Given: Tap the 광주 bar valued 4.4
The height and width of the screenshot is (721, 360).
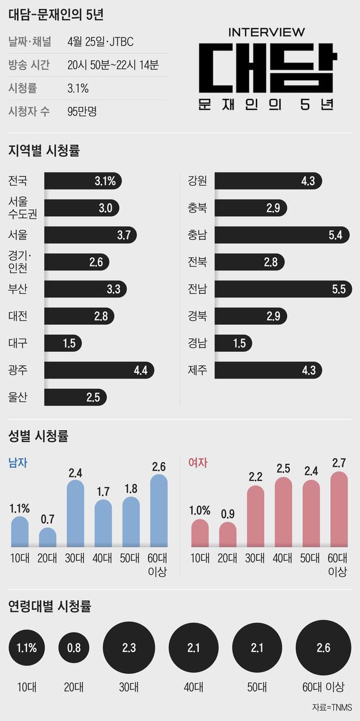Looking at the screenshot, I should (99, 370).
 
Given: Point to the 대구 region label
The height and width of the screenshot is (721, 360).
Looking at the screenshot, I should (18, 343).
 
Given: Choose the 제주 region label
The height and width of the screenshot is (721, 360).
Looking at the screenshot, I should (197, 370).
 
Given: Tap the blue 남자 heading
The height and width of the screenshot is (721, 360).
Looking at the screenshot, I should (18, 463).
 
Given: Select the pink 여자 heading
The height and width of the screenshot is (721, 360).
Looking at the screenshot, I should (198, 463).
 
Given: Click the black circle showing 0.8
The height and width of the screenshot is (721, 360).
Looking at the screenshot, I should (74, 647).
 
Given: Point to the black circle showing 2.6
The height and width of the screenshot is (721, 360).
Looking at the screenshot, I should (323, 647).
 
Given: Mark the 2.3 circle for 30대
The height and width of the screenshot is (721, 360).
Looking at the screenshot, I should (129, 647).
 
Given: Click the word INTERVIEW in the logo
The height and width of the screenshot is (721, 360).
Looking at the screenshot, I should (266, 32).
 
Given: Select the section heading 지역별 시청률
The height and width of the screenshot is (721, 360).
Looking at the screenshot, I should (44, 150).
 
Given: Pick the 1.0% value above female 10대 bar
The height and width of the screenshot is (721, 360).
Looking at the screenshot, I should (200, 508).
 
